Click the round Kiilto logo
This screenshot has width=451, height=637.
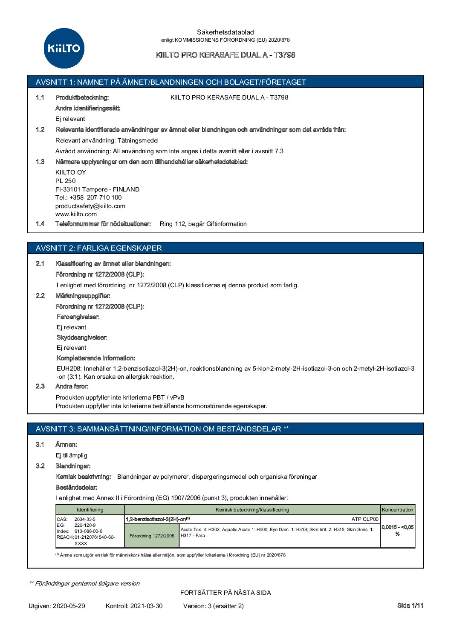64,48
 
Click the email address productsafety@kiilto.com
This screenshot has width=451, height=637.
90,206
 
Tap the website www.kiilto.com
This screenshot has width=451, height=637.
76,214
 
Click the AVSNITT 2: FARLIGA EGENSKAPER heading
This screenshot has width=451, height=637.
99,248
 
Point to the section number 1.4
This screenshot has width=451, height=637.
40,224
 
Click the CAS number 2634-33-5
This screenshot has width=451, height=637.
85,519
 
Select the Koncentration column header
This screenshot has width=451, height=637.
397,510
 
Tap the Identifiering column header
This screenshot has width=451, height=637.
90,510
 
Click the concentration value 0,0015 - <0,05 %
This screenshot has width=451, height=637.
397,530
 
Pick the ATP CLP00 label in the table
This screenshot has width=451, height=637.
365,519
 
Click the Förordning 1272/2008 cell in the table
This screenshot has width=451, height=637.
152,536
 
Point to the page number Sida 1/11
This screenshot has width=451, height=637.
410,606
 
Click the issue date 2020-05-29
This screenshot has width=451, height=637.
69,606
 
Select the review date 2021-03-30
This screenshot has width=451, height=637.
146,606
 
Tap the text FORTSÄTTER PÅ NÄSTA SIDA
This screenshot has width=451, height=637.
225,593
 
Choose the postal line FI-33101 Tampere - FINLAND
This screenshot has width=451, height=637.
97,189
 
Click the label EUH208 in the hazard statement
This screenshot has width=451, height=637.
69,368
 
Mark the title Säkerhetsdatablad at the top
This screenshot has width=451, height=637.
225,32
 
